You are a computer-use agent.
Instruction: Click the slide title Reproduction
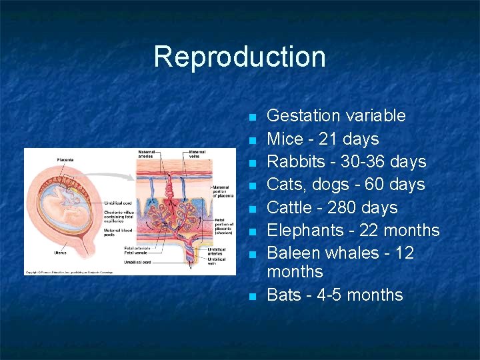pyautogui.click(x=239, y=57)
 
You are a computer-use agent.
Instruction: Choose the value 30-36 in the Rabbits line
pyautogui.click(x=368, y=162)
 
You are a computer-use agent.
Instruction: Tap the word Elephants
pyautogui.click(x=306, y=231)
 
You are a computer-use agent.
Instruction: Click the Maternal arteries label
pyautogui.click(x=146, y=154)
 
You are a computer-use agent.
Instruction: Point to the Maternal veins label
pyautogui.click(x=197, y=154)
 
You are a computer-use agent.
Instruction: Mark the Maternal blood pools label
pyautogui.click(x=118, y=231)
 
